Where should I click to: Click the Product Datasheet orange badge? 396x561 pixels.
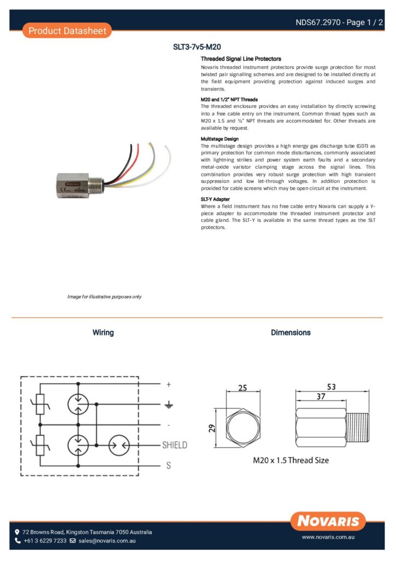(67, 31)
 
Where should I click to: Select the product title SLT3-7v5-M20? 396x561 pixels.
(197, 47)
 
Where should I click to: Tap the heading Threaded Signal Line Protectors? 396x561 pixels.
(241, 59)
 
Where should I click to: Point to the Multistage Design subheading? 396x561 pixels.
(220, 139)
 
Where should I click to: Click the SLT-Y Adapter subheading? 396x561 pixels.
(216, 199)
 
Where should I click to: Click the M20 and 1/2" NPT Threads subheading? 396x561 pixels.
(229, 99)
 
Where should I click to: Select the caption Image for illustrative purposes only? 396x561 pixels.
(104, 296)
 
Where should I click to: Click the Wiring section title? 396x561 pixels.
(103, 333)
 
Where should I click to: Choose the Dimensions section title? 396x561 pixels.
(290, 333)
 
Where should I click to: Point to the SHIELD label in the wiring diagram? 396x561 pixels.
(174, 445)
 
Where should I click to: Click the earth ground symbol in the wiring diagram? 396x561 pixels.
(169, 405)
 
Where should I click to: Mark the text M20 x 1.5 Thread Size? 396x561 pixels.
(290, 460)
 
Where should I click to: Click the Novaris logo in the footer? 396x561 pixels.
(328, 520)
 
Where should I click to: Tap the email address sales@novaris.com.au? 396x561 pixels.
(107, 541)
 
